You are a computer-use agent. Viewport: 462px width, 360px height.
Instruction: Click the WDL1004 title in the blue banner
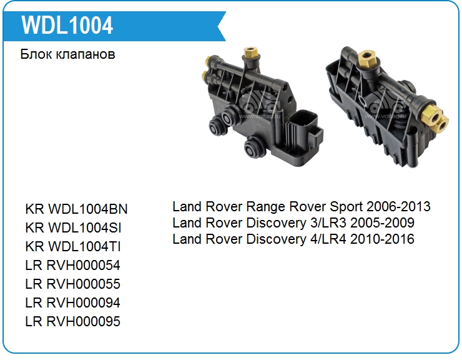[67, 26]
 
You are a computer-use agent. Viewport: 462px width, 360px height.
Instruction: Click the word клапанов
[86, 54]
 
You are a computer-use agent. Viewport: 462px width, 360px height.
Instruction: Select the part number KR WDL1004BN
[76, 209]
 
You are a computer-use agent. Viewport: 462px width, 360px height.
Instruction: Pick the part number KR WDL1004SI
[74, 227]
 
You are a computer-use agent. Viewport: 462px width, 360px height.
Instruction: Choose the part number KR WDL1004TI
[73, 246]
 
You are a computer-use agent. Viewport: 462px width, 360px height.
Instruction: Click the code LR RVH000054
[73, 265]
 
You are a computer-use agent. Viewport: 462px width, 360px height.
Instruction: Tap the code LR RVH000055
[73, 284]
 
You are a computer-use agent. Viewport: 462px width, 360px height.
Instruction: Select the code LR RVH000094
[73, 302]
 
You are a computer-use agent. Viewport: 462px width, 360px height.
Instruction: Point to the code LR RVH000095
[73, 321]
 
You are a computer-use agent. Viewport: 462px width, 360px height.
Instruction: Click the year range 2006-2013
[398, 206]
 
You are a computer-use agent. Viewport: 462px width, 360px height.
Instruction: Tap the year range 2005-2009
[382, 222]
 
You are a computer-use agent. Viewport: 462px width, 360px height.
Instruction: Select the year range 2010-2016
[382, 239]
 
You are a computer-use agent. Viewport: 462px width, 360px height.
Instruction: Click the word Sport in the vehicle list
[346, 207]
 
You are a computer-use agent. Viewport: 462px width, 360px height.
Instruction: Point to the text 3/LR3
[328, 222]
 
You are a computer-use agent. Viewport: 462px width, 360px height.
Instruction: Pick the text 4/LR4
[328, 239]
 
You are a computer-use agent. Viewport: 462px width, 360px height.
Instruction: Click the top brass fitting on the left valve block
[250, 52]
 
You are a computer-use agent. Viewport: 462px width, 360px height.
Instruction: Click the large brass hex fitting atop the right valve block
[367, 58]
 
